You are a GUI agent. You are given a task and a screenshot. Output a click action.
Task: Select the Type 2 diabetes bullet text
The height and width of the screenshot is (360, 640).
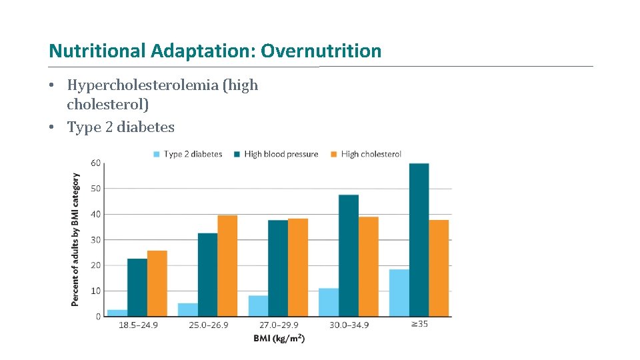121,127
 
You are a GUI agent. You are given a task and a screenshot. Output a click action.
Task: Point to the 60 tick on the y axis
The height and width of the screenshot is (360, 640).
95,163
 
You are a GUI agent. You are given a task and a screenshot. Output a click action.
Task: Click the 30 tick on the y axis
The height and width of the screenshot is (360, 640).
95,239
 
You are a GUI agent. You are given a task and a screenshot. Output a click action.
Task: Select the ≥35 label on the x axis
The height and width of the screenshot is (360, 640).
419,325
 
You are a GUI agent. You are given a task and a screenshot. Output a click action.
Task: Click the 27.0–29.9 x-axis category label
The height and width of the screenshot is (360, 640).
278,325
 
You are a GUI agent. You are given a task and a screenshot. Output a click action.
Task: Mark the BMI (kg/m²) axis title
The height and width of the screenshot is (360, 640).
279,339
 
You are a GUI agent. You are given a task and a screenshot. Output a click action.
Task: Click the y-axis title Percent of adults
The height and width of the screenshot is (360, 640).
75,240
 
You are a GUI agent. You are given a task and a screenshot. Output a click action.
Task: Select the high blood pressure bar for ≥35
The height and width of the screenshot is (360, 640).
419,240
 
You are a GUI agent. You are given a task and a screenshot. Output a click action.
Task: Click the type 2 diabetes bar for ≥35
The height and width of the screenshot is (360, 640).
399,293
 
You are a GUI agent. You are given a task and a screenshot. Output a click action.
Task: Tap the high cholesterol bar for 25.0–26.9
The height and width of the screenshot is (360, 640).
227,266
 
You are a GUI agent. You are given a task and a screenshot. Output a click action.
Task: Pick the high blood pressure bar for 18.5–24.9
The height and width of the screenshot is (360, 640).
137,287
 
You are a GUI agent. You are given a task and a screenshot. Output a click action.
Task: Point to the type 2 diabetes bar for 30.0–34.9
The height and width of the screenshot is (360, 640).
329,303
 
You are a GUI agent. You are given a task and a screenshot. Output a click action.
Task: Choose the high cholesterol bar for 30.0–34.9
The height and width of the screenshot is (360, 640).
368,267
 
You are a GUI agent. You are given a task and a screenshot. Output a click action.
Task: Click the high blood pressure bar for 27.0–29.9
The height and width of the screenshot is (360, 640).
278,268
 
